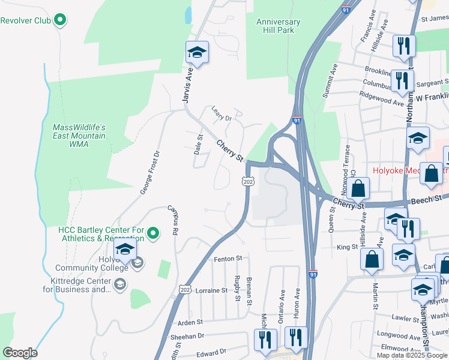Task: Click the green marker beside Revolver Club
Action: point(59,20)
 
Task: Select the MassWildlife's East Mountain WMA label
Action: point(79,136)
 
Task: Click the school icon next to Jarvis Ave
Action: point(196,53)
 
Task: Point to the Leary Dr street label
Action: point(221,113)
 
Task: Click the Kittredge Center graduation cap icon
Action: point(120,284)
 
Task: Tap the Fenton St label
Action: point(228,259)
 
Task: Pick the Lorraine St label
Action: point(211,290)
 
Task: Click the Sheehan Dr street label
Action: point(187,337)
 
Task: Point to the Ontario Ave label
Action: point(282,305)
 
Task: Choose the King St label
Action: point(347,247)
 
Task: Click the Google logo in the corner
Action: point(20,352)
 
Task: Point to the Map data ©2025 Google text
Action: point(412,355)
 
